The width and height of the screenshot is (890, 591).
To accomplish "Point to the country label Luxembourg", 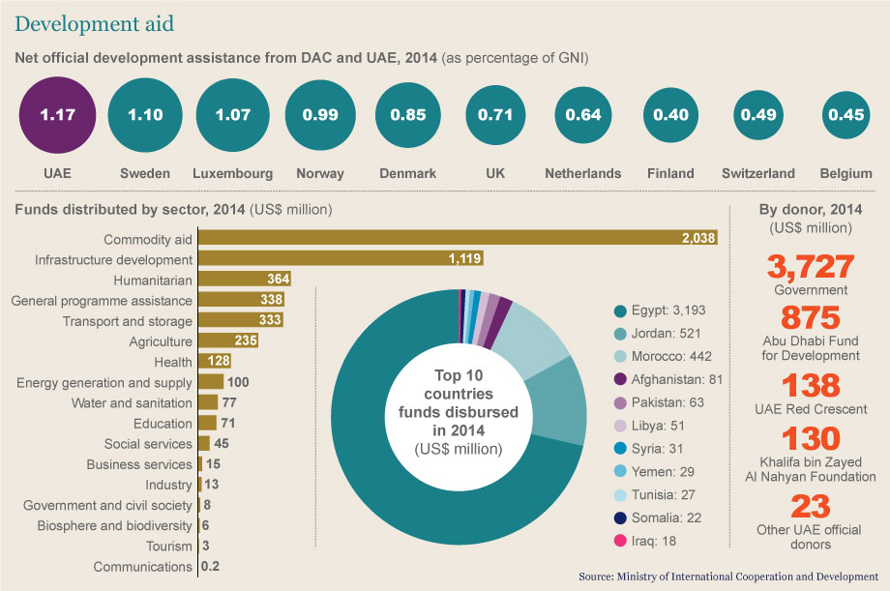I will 232,174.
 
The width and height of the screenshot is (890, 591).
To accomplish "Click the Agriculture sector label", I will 161,341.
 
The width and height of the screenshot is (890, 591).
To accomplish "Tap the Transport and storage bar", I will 242,321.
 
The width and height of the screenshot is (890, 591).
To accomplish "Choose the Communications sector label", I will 143,567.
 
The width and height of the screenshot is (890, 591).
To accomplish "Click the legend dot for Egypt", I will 619,310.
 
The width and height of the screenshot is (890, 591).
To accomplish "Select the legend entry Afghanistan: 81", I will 675,379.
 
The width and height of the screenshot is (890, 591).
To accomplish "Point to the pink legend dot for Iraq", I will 619,541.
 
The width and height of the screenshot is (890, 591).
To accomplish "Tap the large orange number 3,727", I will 811,266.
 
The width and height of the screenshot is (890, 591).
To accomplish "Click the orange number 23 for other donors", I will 811,506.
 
